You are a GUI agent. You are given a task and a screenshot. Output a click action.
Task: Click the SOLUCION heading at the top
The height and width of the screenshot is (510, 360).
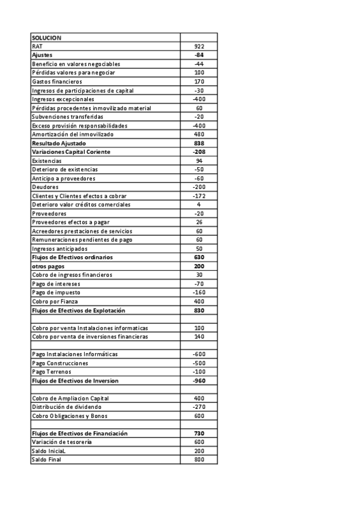[x=47, y=38]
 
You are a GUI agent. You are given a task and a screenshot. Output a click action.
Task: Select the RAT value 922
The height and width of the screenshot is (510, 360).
[x=199, y=46]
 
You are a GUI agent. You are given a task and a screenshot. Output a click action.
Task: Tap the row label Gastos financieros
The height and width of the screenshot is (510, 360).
[x=56, y=81]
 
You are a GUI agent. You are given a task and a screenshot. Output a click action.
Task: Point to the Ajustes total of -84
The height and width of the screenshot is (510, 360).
[x=199, y=55]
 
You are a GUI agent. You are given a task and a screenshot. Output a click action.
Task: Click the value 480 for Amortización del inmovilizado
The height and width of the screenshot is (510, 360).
[x=199, y=135]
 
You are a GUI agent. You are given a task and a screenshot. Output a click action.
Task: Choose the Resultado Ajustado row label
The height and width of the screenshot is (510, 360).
[x=59, y=144]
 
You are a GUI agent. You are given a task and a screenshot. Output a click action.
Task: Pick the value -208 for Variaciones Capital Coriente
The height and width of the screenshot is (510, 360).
[x=199, y=152]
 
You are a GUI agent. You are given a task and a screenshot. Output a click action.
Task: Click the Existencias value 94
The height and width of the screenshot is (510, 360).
[x=199, y=161]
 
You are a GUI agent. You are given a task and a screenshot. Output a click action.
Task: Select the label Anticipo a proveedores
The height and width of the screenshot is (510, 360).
[x=63, y=179]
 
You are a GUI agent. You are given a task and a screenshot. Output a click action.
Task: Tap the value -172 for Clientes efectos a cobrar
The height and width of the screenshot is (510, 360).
[x=199, y=196]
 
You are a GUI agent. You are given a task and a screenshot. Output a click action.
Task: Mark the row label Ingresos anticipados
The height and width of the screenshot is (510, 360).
[x=59, y=248]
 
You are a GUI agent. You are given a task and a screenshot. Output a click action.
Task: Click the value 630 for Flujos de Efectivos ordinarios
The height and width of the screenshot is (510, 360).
[x=199, y=257]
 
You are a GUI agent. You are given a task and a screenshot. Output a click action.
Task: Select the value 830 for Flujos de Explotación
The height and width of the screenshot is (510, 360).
[x=199, y=310]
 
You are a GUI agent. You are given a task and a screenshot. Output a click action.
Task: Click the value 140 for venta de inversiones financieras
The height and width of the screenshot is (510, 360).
[x=199, y=337]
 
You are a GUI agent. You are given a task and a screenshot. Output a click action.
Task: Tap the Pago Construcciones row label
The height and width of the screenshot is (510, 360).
[x=60, y=363]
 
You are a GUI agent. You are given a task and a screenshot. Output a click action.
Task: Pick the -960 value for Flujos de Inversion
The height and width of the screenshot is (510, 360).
[x=199, y=381]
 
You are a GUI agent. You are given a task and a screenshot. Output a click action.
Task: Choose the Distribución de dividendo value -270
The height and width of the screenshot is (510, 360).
[x=199, y=407]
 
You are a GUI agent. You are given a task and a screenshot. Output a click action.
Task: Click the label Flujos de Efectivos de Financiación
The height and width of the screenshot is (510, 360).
[x=79, y=434]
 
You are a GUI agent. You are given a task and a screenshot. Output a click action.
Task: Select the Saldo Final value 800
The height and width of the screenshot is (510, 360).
[x=199, y=459]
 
